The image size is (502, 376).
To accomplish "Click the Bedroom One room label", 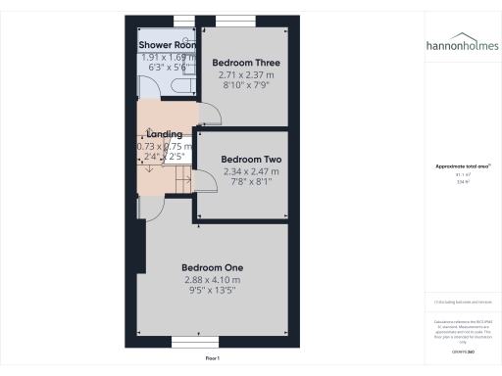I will tap(212, 267).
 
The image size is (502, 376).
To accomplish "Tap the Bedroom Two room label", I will tap(251, 159).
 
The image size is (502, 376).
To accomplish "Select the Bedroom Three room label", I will tap(239, 62).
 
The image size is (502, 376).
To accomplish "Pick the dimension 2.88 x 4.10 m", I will tap(212, 279).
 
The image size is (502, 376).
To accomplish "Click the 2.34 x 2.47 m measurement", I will tap(251, 170).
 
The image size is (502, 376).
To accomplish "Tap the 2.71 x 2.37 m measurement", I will tap(239, 73).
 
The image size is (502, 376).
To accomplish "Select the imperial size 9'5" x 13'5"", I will tap(212, 290).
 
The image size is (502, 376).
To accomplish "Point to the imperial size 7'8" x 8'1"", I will tap(251, 181).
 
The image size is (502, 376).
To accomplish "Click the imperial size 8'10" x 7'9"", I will tap(239, 84).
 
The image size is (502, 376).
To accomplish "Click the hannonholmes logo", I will tap(462, 45).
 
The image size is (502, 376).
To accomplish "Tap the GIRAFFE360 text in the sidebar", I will tap(462, 350).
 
